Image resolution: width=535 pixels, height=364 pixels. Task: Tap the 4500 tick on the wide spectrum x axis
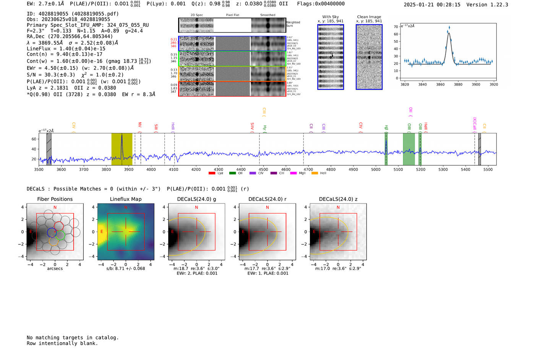pos(263,169)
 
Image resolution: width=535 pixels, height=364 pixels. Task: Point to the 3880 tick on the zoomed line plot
pos(458,84)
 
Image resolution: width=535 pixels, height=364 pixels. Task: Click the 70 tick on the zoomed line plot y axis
pos(396,27)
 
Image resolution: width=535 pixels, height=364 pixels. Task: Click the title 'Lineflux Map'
pos(125,199)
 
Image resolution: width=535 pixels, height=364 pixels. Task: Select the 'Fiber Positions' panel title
pos(55,199)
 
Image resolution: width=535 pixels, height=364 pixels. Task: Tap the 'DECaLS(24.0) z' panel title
pos(338,199)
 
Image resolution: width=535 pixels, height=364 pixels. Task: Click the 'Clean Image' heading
pos(369,17)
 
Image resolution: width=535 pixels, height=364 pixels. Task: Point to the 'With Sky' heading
pos(330,17)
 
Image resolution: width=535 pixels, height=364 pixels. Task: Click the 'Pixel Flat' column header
pos(232,15)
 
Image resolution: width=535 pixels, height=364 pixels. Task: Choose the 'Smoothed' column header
pos(267,15)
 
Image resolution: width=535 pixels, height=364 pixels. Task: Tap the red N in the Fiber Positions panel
pos(55,207)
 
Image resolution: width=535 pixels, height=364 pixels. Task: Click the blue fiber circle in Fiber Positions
pos(52,232)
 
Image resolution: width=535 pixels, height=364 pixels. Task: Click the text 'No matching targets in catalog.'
pos(73,338)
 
